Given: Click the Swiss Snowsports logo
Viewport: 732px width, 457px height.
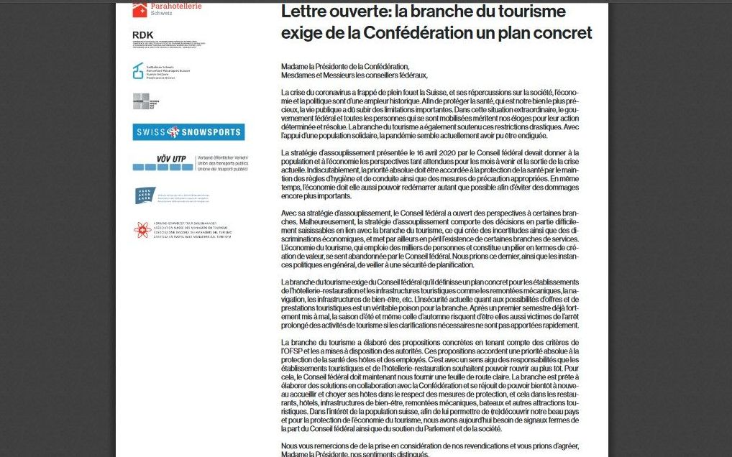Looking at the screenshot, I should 188,131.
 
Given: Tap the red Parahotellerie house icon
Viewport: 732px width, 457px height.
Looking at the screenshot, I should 139,9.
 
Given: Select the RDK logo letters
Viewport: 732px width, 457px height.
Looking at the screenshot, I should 143,35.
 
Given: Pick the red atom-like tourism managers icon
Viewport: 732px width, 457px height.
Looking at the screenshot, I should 141,230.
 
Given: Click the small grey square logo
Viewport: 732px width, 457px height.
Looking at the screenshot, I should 140,102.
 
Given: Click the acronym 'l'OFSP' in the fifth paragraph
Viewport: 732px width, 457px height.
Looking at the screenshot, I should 296,350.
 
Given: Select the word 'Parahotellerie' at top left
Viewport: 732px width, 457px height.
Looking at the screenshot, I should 176,6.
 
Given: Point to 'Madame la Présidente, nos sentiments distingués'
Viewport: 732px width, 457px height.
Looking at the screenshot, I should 357,453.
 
